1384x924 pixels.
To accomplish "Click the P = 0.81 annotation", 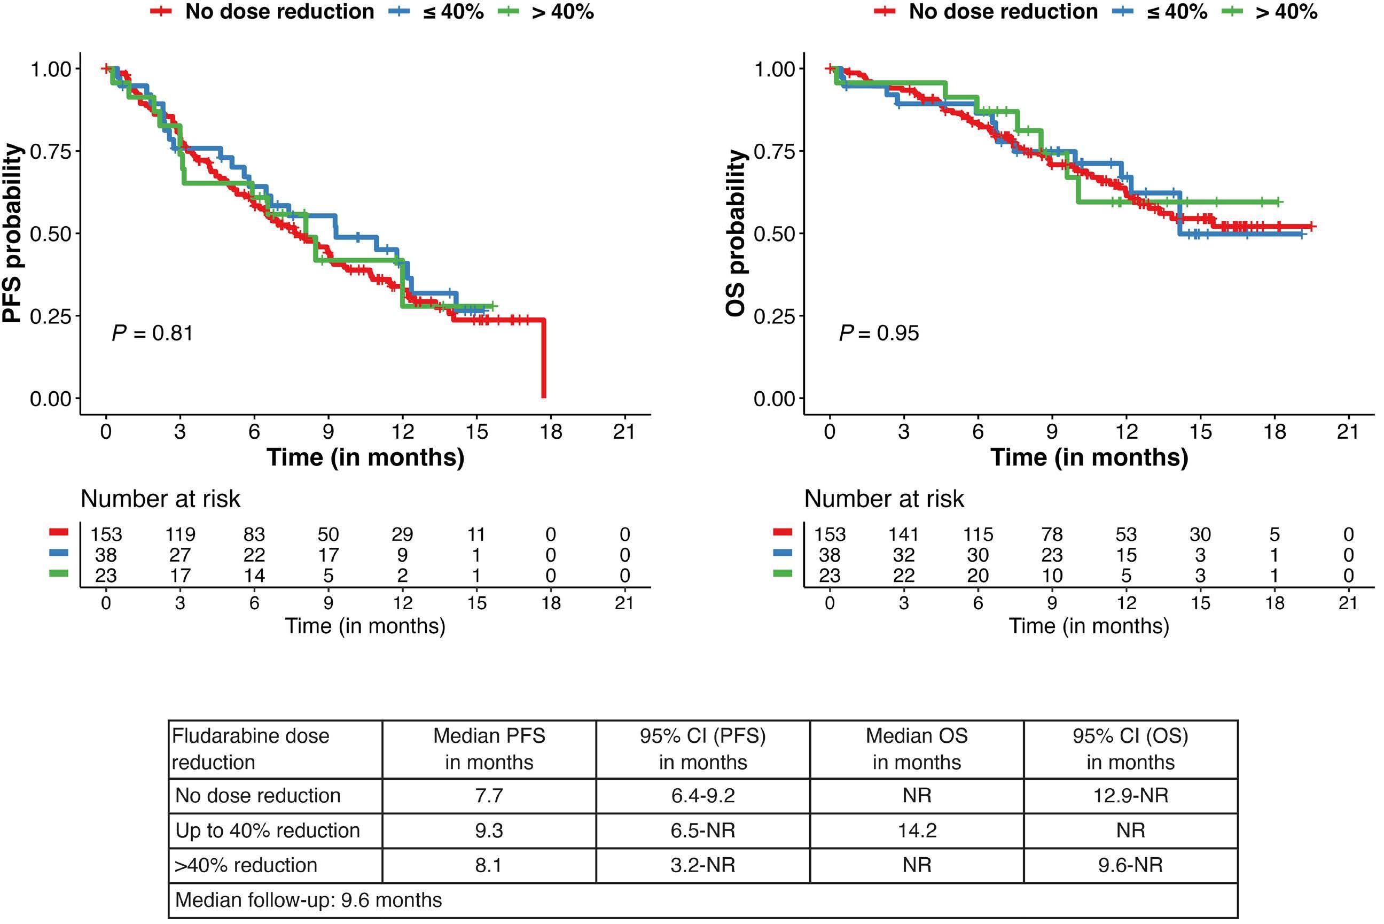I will coord(153,333).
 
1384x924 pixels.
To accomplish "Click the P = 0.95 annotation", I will coord(879,333).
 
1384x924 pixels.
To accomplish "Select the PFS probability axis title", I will coord(13,234).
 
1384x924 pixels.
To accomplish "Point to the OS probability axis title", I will coord(736,234).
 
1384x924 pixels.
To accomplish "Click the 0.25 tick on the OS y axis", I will coord(775,316).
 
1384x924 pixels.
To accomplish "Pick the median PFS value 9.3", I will coord(489,830).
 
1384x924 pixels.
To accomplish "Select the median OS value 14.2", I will coord(917,830).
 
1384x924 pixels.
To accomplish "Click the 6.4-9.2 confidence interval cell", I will coord(702,796).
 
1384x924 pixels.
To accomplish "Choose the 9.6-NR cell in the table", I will coord(1130,865).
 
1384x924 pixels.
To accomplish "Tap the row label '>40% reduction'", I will coord(246,865).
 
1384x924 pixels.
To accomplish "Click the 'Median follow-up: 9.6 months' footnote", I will coord(309,900).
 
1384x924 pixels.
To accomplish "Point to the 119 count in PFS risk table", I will coord(180,534).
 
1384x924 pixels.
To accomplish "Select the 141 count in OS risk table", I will coord(903,534).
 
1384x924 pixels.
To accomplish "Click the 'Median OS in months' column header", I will coord(917,749).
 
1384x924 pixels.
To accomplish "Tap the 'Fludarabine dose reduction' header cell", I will coord(251,749).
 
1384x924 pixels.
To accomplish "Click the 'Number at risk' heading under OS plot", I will coord(884,499).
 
